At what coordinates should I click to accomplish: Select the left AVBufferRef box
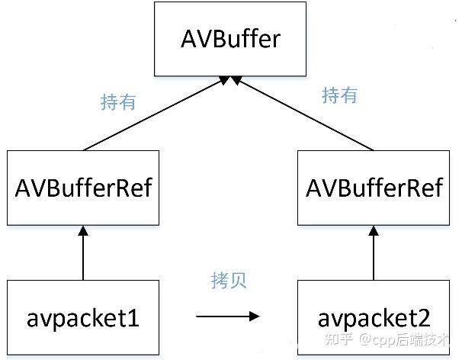pyautogui.click(x=84, y=188)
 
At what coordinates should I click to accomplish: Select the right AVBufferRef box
pyautogui.click(x=374, y=188)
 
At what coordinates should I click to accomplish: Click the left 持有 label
pyautogui.click(x=117, y=101)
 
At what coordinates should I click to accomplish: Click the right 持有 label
pyautogui.click(x=339, y=95)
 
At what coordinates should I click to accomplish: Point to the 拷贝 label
pyautogui.click(x=229, y=280)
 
